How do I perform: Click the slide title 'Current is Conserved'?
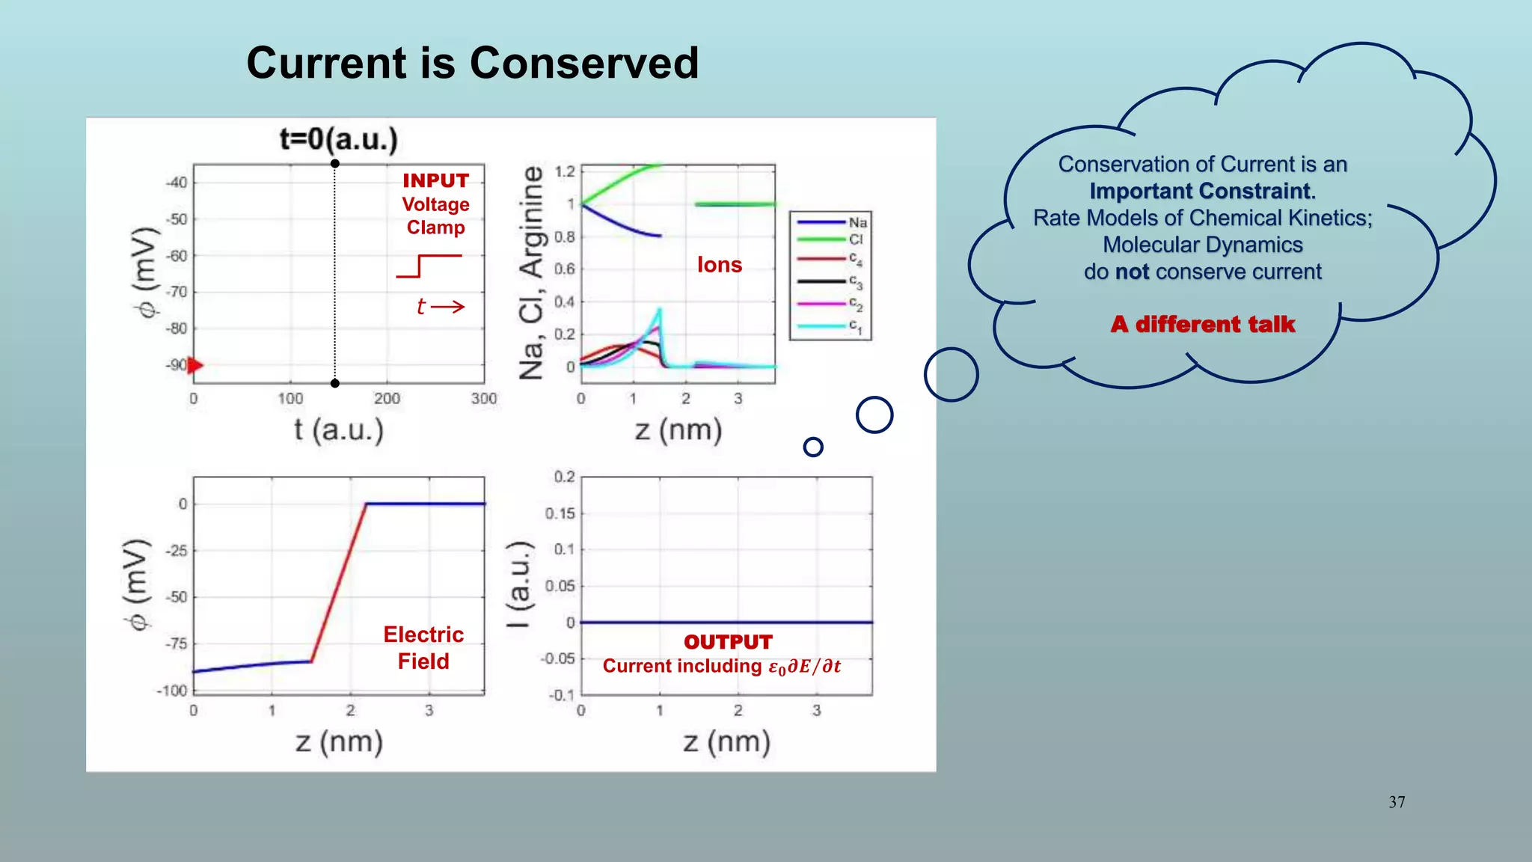point(472,63)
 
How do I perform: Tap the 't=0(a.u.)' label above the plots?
point(338,139)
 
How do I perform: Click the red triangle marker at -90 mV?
point(195,365)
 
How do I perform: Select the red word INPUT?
point(435,181)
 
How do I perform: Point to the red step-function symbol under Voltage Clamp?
point(429,266)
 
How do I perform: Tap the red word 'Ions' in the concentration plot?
point(719,265)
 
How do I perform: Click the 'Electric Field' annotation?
point(423,648)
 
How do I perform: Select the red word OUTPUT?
point(727,642)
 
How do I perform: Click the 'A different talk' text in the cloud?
point(1202,324)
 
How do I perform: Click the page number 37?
point(1397,802)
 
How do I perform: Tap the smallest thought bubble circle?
point(812,447)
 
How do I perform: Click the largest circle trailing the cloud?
point(951,374)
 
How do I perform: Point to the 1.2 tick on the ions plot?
point(565,171)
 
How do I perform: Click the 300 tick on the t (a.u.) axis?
point(483,399)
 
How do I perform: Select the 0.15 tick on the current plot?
point(560,513)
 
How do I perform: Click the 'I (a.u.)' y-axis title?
point(519,584)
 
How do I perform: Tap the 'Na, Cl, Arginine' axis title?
point(531,272)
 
